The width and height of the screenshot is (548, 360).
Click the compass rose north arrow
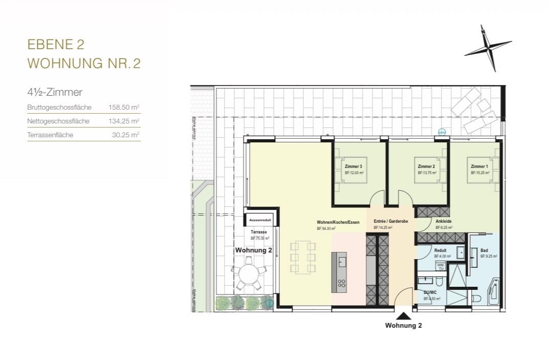point(488,48)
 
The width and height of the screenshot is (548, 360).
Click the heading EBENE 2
point(56,45)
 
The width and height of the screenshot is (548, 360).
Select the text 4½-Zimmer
point(55,93)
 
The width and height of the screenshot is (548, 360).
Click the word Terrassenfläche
point(50,135)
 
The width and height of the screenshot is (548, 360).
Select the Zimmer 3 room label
point(354,167)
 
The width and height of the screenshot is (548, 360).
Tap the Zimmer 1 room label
point(479,167)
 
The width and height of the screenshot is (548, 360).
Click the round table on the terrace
point(248,274)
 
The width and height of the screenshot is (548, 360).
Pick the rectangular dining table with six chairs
point(302,257)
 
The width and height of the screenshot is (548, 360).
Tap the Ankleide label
point(443,222)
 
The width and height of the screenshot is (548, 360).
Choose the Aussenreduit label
point(260,220)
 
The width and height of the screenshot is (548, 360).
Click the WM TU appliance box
point(440,266)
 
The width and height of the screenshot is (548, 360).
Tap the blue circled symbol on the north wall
point(442,132)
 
